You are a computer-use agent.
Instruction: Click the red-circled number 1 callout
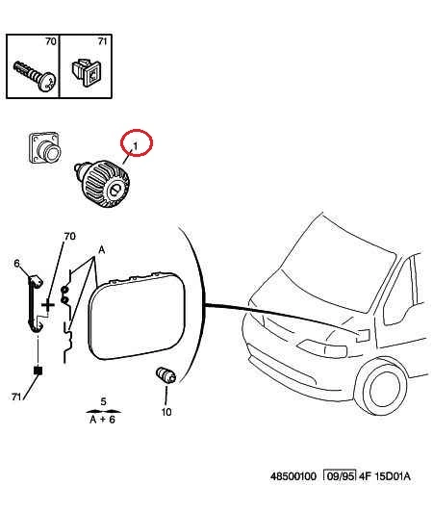coord(137,142)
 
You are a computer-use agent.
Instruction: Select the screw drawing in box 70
coord(35,75)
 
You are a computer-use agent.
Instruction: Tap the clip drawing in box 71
coord(87,72)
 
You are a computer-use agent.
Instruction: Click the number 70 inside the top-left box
coord(51,41)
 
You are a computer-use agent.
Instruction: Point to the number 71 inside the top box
coord(102,41)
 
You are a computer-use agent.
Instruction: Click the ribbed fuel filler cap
coord(102,184)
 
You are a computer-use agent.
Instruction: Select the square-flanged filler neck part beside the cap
coord(44,147)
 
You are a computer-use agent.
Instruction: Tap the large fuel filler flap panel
coord(137,316)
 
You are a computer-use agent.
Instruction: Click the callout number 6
coord(16,263)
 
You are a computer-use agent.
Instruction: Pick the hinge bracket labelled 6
coord(36,304)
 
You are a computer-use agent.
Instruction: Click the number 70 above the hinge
coord(69,236)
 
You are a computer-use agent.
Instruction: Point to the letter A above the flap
coord(102,250)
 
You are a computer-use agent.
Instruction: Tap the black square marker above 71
coord(38,371)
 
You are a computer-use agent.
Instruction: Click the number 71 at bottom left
coord(16,397)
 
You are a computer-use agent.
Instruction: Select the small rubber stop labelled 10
coord(166,375)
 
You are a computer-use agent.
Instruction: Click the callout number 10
coord(166,412)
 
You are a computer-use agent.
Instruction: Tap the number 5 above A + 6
coord(103,401)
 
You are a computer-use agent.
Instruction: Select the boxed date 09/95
coord(340,476)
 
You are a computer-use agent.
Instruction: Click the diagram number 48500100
coord(293,476)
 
